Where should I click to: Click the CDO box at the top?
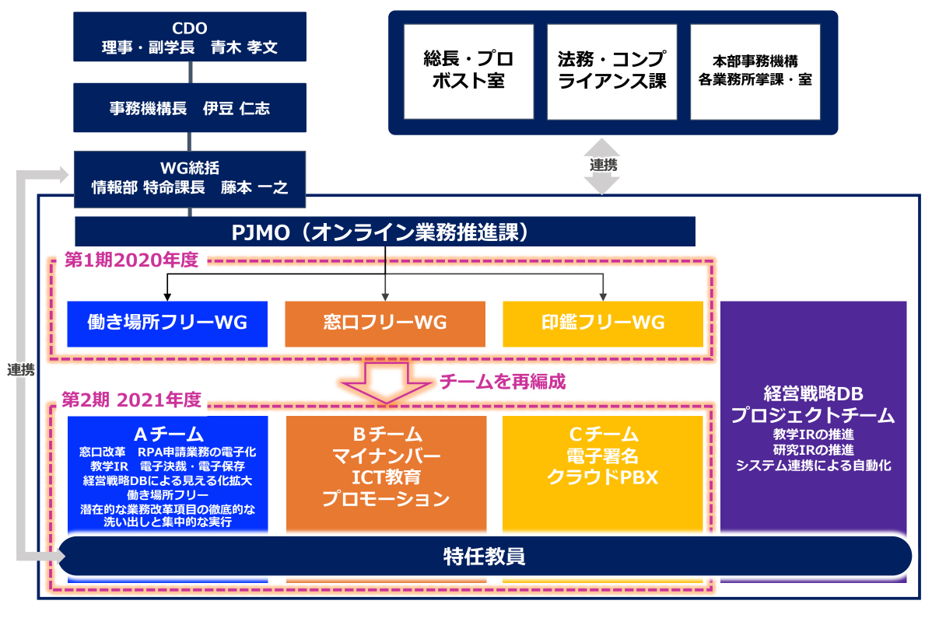(190, 37)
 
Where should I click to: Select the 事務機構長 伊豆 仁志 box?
(190, 107)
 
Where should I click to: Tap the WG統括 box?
(190, 179)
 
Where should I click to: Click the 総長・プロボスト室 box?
(468, 72)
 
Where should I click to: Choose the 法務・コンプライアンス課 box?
(611, 72)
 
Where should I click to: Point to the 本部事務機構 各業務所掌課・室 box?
(755, 72)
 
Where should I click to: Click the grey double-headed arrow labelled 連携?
(602, 166)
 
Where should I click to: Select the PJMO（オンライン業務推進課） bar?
(385, 232)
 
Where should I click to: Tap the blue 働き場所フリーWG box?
(167, 324)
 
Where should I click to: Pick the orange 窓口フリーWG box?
(385, 324)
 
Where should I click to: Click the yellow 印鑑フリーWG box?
(603, 324)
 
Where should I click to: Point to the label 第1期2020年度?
(131, 260)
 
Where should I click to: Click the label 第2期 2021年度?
(131, 400)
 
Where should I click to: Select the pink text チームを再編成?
(503, 382)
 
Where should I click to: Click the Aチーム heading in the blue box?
(168, 434)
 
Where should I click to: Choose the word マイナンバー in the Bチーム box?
(387, 456)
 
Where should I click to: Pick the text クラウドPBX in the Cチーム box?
(603, 477)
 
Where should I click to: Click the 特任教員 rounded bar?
(485, 556)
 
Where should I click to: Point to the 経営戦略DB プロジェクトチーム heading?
(813, 404)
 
